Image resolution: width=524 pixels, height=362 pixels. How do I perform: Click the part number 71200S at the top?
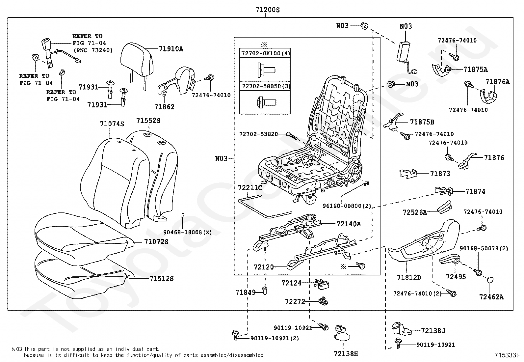click(267, 10)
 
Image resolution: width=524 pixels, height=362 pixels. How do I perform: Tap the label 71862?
click(164, 107)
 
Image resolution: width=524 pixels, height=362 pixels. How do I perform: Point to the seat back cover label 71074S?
click(112, 124)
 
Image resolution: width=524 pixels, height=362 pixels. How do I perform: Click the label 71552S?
click(148, 121)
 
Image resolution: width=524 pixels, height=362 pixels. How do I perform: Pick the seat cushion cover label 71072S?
click(156, 242)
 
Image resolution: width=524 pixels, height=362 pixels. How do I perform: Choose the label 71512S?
click(161, 279)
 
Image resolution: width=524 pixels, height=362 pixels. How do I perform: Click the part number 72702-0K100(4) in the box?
click(266, 53)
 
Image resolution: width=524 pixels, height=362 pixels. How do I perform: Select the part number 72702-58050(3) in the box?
click(266, 86)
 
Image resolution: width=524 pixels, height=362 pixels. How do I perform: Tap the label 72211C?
click(250, 188)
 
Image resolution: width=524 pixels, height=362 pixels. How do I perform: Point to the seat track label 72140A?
click(349, 224)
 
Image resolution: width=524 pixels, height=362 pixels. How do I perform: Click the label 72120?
click(264, 267)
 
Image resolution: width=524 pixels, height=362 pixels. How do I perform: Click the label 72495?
click(456, 277)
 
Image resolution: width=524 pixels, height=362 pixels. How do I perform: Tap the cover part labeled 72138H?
click(342, 333)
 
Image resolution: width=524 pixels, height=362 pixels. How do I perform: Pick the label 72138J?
click(433, 330)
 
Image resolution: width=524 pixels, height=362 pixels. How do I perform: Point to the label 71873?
click(440, 174)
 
